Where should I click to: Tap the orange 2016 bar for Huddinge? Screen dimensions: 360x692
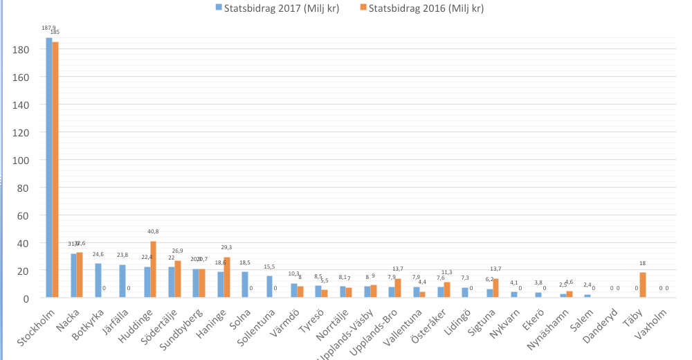[154, 269]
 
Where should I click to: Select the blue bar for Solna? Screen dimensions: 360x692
[246, 285]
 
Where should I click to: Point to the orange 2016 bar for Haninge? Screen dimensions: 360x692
[227, 277]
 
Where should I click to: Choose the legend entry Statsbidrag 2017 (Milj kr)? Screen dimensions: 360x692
[277, 8]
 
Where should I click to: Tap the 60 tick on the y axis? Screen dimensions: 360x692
[21, 215]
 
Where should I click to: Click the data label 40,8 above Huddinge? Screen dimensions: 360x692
[154, 232]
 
